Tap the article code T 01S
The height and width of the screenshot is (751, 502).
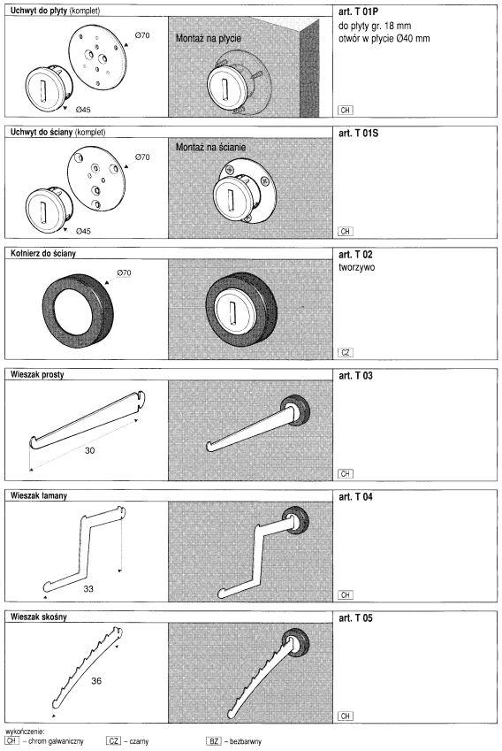pyautogui.click(x=358, y=134)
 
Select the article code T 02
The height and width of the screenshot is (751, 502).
pyautogui.click(x=355, y=255)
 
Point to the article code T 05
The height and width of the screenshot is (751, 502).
pyautogui.click(x=355, y=617)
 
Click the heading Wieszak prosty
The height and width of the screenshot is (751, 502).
pyautogui.click(x=37, y=374)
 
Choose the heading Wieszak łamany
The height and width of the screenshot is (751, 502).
pyautogui.click(x=39, y=495)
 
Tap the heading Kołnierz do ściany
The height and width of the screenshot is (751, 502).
pyautogui.click(x=43, y=253)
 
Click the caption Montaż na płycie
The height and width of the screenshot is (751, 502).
pyautogui.click(x=209, y=38)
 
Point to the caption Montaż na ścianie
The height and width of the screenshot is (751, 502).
pyautogui.click(x=210, y=147)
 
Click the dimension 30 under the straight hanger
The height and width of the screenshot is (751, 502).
pyautogui.click(x=89, y=450)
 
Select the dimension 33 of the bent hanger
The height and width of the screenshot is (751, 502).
pyautogui.click(x=88, y=588)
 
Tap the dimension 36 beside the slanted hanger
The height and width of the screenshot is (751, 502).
pyautogui.click(x=96, y=680)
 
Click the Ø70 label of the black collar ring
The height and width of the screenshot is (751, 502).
pyautogui.click(x=124, y=273)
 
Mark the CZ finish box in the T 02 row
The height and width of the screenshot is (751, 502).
pyautogui.click(x=346, y=353)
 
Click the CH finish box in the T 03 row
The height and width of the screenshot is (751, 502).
pyautogui.click(x=346, y=473)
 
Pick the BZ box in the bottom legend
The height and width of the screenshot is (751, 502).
pyautogui.click(x=213, y=741)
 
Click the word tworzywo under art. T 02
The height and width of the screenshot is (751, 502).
pyautogui.click(x=356, y=267)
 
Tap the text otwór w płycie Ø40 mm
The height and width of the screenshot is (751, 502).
pyautogui.click(x=384, y=38)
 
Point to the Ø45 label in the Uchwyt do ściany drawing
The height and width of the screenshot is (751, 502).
pyautogui.click(x=83, y=232)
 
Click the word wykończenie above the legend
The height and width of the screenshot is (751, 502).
pyautogui.click(x=26, y=732)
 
